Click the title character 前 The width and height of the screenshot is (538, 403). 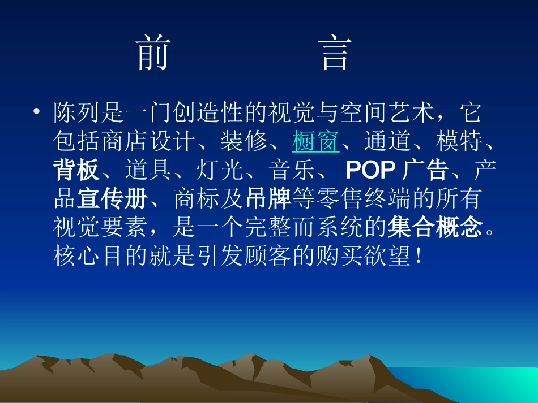pyautogui.click(x=154, y=54)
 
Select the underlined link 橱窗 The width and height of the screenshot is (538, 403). pyautogui.click(x=316, y=142)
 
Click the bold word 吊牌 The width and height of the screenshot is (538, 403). pyautogui.click(x=269, y=199)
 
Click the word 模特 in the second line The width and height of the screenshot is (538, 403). pyautogui.click(x=460, y=142)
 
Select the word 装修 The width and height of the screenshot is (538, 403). pyautogui.click(x=245, y=142)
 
